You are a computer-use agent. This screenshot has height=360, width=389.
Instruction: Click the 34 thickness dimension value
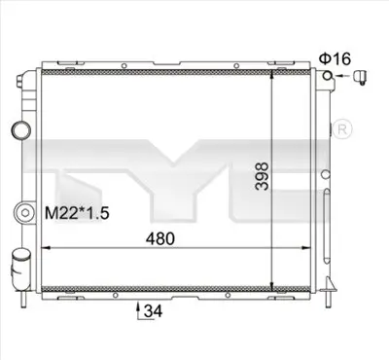152,311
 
